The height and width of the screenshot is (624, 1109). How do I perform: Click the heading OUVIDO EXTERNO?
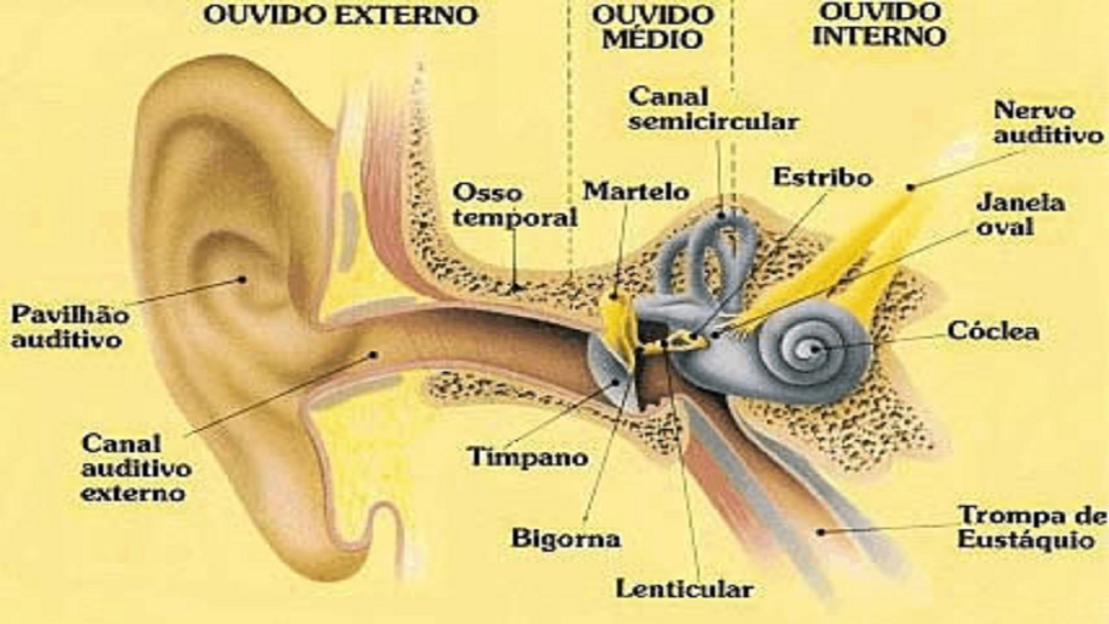(341, 16)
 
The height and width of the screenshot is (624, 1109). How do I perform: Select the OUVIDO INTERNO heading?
(879, 24)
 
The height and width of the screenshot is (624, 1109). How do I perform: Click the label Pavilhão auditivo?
(70, 327)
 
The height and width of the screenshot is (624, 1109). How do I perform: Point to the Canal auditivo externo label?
(136, 469)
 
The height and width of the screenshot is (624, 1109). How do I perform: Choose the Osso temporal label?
(515, 205)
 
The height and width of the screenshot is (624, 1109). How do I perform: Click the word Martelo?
(636, 191)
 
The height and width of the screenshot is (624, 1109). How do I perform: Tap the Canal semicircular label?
(714, 109)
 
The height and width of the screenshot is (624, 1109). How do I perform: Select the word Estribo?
(823, 177)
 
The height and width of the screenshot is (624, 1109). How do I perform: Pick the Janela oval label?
(1020, 215)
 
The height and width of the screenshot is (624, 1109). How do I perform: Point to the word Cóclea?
(993, 330)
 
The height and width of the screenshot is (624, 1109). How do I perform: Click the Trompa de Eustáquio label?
(1032, 527)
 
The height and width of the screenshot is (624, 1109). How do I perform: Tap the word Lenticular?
(684, 589)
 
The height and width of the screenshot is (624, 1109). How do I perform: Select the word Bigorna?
(565, 538)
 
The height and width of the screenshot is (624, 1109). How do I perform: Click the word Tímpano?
(527, 457)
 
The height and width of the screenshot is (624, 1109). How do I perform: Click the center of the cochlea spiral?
(814, 349)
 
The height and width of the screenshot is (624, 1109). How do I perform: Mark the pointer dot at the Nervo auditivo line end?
(910, 187)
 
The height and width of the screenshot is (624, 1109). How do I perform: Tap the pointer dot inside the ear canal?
(374, 354)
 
